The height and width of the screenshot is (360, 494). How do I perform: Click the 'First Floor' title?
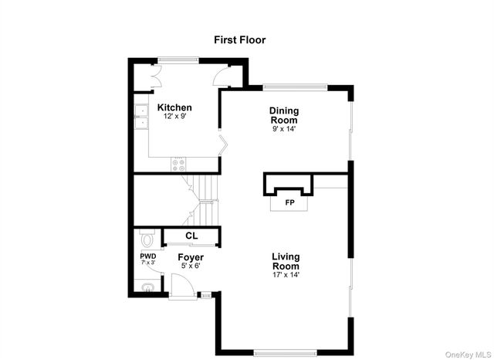240,39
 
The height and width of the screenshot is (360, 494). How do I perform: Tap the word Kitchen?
174,107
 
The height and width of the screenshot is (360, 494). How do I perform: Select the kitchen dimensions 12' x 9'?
174,116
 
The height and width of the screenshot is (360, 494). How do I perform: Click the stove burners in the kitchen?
178,164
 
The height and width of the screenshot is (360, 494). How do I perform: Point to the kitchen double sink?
142,116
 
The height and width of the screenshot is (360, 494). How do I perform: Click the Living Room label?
285,261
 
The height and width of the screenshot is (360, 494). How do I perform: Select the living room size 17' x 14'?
285,274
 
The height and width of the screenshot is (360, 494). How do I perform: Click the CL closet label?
191,236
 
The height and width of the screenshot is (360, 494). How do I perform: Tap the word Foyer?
191,257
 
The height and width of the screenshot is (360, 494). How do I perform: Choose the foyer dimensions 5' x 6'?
190,267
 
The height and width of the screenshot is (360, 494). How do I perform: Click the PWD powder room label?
147,256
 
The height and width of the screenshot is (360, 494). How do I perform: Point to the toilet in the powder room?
147,237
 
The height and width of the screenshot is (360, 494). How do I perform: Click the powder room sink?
148,287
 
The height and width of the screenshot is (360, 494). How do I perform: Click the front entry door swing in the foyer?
181,286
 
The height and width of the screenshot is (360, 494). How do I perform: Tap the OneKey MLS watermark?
467,354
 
